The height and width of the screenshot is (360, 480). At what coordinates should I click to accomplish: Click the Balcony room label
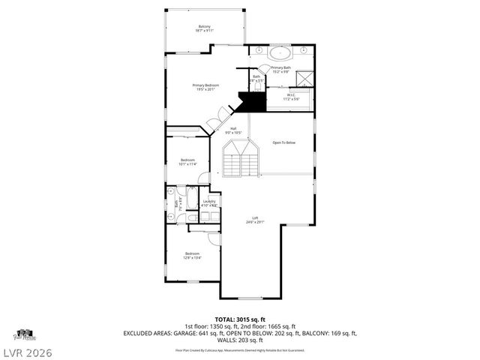tap(205, 28)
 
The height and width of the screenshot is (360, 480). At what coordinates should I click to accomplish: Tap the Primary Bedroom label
tap(205, 87)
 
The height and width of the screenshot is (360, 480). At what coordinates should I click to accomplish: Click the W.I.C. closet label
tap(292, 96)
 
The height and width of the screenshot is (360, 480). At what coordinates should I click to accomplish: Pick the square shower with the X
tap(305, 79)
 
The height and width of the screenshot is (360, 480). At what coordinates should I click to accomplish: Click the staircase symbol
tap(241, 159)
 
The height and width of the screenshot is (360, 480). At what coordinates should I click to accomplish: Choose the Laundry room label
tap(209, 202)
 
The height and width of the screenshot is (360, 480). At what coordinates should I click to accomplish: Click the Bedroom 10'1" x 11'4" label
tap(187, 161)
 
